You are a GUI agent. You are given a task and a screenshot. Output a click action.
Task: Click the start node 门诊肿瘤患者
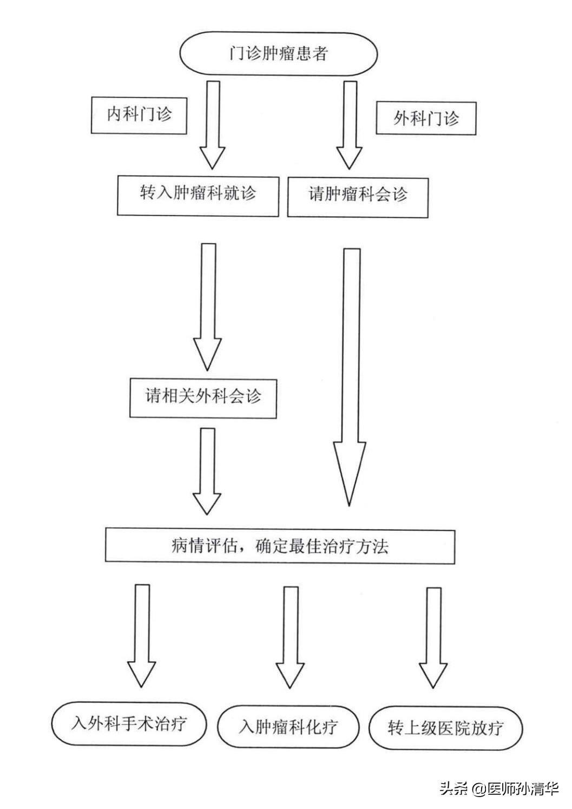click(x=278, y=54)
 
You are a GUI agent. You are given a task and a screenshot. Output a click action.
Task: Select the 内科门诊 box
click(x=139, y=115)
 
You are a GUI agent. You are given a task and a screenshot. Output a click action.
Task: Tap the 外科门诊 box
click(x=426, y=118)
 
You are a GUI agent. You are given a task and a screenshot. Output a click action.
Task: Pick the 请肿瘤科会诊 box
click(x=358, y=197)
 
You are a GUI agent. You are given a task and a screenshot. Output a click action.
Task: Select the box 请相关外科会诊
click(x=203, y=397)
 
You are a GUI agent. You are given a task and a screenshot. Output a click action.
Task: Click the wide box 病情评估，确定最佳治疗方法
click(x=280, y=546)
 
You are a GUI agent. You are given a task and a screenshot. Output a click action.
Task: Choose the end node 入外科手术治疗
click(x=129, y=723)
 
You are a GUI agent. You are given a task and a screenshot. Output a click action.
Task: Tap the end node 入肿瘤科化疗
click(x=288, y=727)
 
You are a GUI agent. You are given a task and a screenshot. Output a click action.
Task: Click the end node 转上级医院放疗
click(x=445, y=728)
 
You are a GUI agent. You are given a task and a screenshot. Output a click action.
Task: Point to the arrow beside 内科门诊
click(x=212, y=124)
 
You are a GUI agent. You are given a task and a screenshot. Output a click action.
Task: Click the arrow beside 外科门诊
click(x=350, y=124)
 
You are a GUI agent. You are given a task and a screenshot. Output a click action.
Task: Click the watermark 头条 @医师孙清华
click(x=499, y=789)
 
